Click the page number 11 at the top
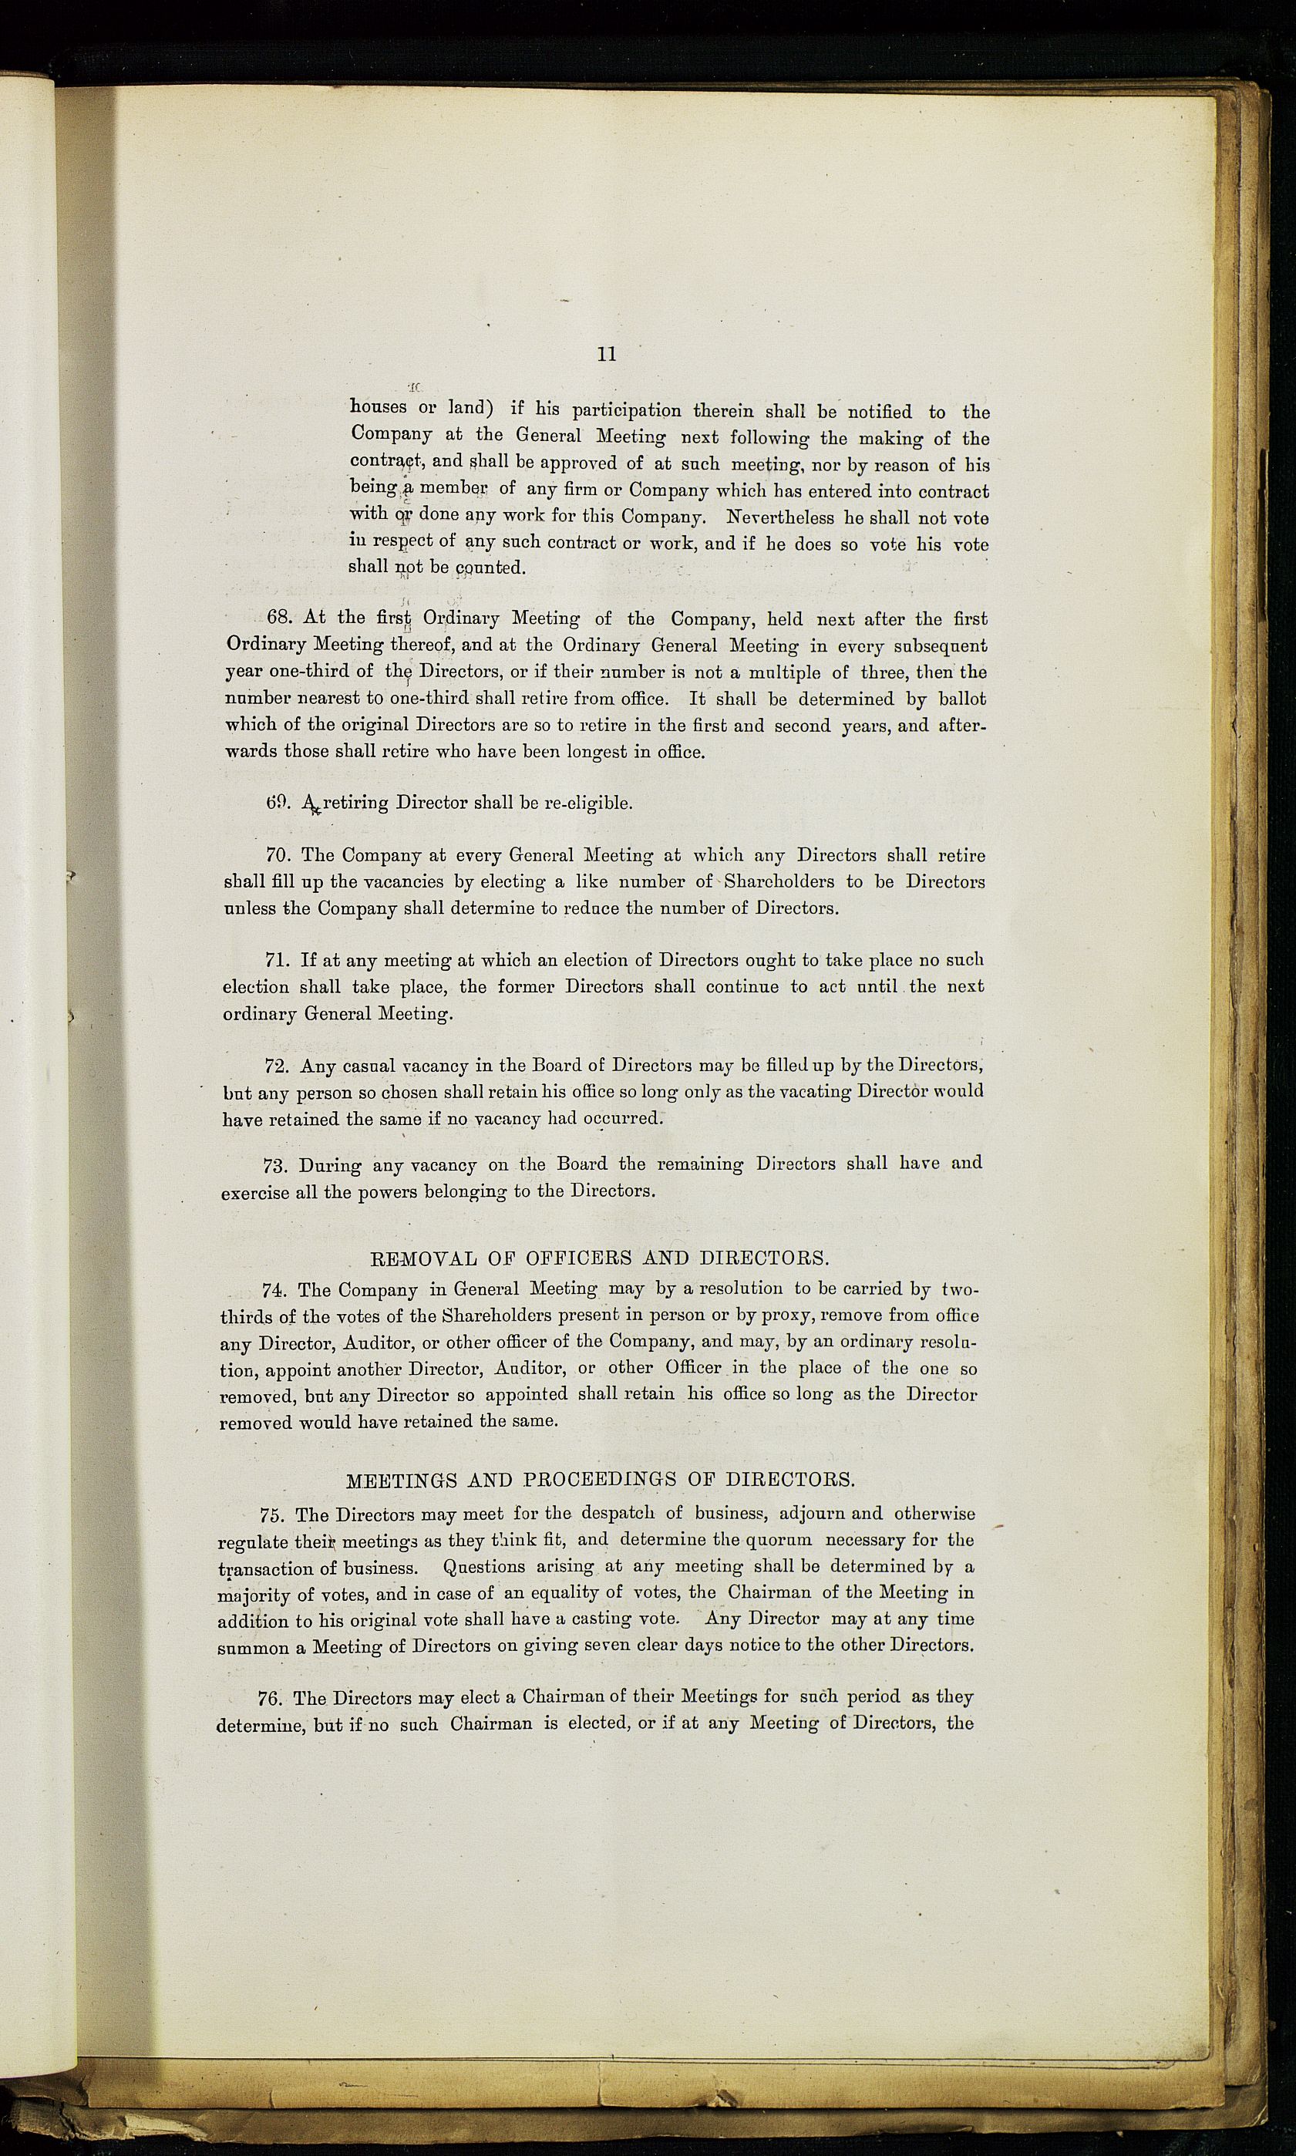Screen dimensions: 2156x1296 (607, 354)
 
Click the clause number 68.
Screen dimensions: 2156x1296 (278, 618)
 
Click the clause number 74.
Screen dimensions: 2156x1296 (275, 1289)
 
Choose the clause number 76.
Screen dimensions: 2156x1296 (271, 1697)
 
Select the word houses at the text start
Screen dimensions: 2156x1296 (379, 408)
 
